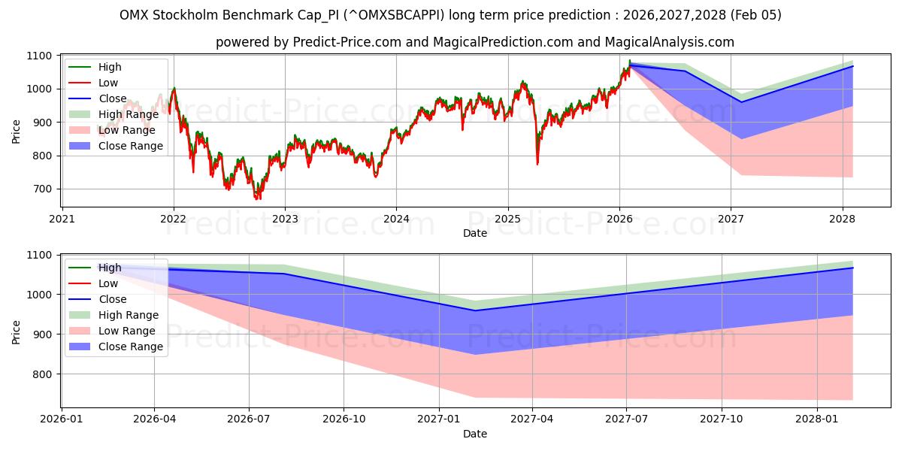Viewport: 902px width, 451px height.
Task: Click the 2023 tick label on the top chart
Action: pyautogui.click(x=285, y=219)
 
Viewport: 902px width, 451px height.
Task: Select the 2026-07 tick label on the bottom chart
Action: pyautogui.click(x=249, y=419)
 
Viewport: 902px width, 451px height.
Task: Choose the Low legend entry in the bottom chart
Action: pyautogui.click(x=108, y=283)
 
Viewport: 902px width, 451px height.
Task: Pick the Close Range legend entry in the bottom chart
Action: pyautogui.click(x=130, y=347)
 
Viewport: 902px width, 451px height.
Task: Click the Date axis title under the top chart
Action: pyautogui.click(x=474, y=233)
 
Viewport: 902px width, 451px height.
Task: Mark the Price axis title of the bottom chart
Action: pyautogui.click(x=17, y=331)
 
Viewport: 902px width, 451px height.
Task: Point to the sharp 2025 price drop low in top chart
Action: pyautogui.click(x=537, y=164)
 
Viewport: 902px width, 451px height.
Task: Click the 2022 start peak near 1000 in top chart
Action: pyautogui.click(x=174, y=89)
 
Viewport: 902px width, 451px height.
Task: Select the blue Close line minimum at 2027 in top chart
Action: pyautogui.click(x=741, y=101)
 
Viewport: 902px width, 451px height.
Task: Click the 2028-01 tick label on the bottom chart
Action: pyautogui.click(x=817, y=419)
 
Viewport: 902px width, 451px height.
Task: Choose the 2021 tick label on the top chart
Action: pyautogui.click(x=62, y=219)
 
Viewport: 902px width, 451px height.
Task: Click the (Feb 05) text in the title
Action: pyautogui.click(x=757, y=15)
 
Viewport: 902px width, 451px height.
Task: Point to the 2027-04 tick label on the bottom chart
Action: pyautogui.click(x=533, y=419)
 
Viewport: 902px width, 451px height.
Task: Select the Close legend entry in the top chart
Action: pyautogui.click(x=112, y=98)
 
